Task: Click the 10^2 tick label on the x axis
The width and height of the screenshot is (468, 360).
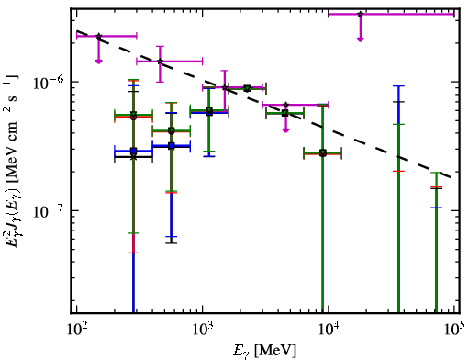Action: [x=76, y=332]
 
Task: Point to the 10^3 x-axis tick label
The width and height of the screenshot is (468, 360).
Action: [x=202, y=332]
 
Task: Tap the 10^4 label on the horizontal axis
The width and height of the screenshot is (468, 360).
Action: [x=329, y=332]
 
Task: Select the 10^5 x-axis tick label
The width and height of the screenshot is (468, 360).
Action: [x=454, y=332]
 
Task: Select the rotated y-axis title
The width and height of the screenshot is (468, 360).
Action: [x=12, y=161]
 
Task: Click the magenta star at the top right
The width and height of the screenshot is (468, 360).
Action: [x=361, y=14]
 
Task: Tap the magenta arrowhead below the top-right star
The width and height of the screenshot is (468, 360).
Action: [x=361, y=39]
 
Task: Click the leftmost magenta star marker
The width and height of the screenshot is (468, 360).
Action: [x=98, y=36]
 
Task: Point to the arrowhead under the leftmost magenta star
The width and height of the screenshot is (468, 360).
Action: [x=98, y=62]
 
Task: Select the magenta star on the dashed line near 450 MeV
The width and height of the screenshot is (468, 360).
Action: [x=160, y=62]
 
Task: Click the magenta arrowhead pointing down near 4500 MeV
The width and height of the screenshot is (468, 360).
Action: [x=285, y=130]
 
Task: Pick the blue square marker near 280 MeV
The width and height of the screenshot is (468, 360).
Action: [x=133, y=151]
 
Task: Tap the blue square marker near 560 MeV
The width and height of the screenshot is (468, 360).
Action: [x=172, y=146]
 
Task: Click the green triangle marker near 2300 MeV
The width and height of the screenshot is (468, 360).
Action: [x=247, y=88]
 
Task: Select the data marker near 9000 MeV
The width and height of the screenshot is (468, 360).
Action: [x=323, y=153]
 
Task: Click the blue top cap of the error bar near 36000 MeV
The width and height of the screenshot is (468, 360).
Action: [x=398, y=86]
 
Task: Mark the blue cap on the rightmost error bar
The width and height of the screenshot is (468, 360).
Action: [x=436, y=208]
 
